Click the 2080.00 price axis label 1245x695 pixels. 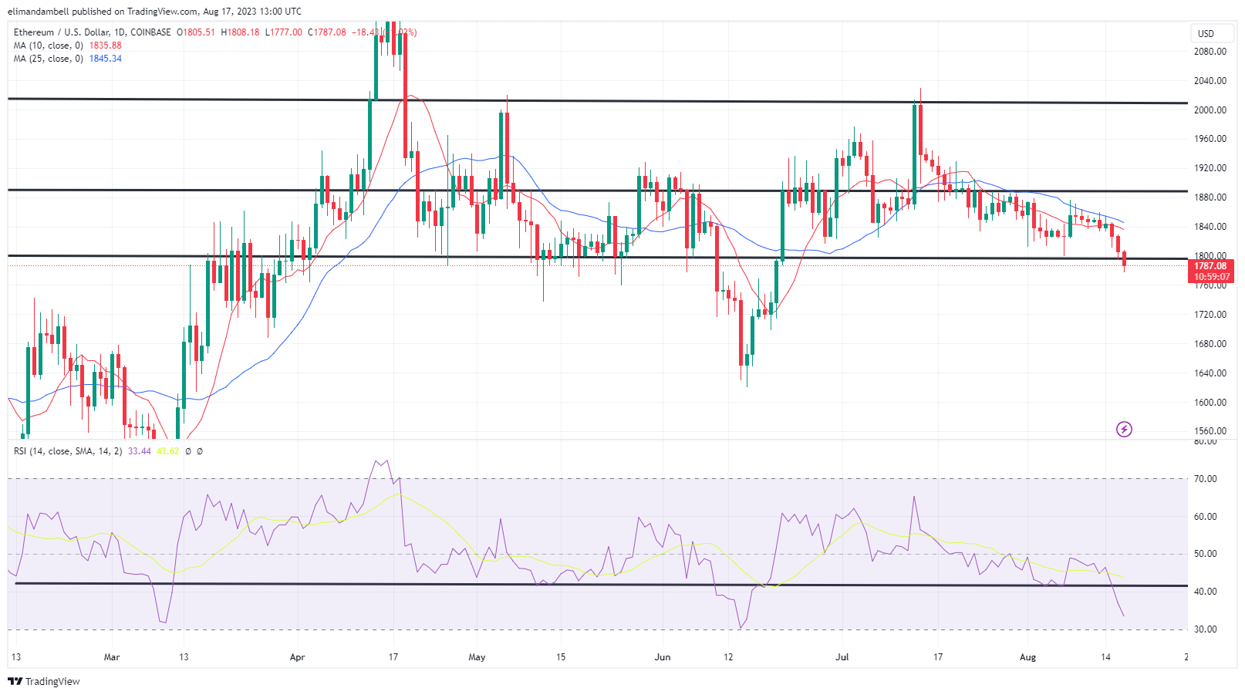[1210, 52]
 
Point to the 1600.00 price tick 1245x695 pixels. [1210, 403]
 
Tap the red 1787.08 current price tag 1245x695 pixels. [1210, 266]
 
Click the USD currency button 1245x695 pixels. [1206, 34]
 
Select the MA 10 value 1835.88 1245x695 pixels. [106, 46]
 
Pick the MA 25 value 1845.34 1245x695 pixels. [106, 59]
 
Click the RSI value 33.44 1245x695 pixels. [140, 451]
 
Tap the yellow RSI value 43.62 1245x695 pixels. [167, 451]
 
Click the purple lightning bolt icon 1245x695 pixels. [1124, 429]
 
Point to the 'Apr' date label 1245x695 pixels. [298, 657]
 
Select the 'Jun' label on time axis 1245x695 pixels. [662, 657]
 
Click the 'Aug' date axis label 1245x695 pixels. [1027, 657]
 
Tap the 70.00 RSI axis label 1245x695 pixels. [1205, 479]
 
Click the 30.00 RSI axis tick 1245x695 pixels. [1205, 629]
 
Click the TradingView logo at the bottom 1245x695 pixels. [44, 681]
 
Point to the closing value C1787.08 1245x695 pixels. [327, 32]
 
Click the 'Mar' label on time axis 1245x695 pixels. [112, 657]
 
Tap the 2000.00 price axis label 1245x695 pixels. [1210, 110]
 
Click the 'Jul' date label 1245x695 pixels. [842, 657]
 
